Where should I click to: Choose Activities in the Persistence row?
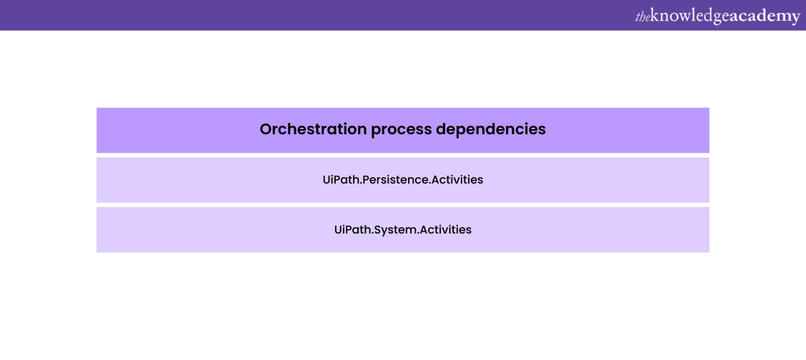(457, 180)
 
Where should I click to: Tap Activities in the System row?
(446, 229)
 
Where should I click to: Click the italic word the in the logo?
(642, 17)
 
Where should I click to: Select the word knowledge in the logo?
(690, 17)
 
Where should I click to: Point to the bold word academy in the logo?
(765, 18)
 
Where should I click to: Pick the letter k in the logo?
(655, 16)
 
